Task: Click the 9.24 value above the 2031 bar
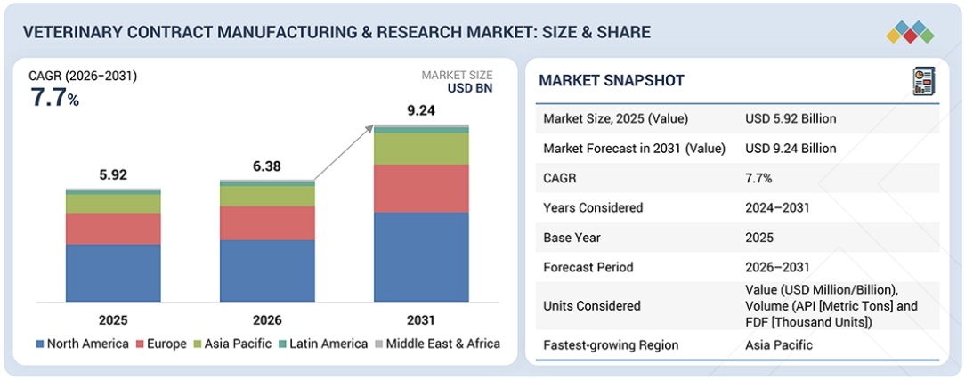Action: pos(421,112)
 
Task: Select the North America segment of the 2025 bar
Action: pos(113,272)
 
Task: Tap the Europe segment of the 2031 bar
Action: pos(421,188)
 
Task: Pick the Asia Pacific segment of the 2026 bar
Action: pos(267,196)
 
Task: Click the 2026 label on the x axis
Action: pos(267,319)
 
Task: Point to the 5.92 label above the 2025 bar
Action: pos(113,175)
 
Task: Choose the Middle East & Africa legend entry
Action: pos(441,344)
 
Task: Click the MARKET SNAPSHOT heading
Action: pos(612,81)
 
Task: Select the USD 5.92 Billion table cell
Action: pos(791,118)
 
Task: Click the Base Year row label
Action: pos(573,238)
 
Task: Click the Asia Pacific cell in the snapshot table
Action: pos(778,344)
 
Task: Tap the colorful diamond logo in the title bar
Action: pos(910,32)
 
